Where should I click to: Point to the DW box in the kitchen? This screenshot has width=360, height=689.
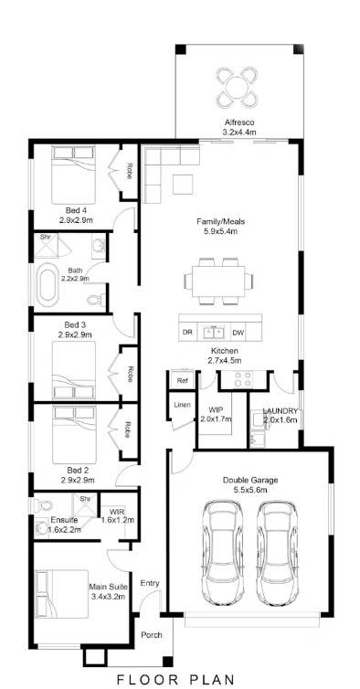click(238, 332)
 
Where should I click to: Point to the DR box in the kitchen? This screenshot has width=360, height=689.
click(187, 332)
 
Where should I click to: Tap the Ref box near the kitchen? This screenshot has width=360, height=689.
click(182, 380)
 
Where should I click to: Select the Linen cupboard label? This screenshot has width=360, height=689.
click(181, 404)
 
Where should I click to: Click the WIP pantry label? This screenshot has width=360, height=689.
click(216, 410)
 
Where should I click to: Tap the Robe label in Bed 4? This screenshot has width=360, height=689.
click(129, 170)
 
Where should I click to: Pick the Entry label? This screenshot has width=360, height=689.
click(150, 583)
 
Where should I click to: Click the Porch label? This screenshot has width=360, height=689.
click(152, 635)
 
